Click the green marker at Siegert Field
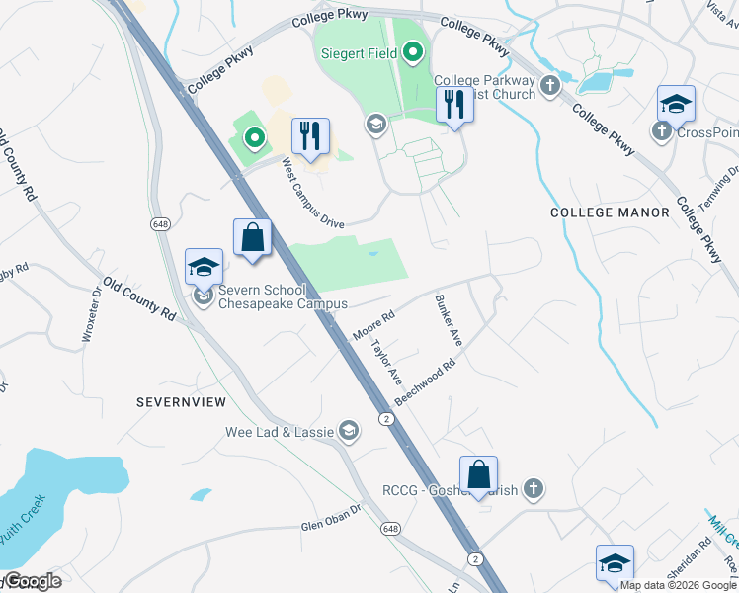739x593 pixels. (413, 53)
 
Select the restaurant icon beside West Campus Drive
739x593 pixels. (311, 138)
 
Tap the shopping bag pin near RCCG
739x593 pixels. (478, 475)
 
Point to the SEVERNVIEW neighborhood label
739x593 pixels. (182, 402)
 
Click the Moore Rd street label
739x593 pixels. (372, 327)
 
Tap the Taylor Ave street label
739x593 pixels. (385, 363)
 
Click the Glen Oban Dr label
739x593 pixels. (332, 520)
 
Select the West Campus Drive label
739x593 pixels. (312, 193)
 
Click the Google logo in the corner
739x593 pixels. (32, 581)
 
